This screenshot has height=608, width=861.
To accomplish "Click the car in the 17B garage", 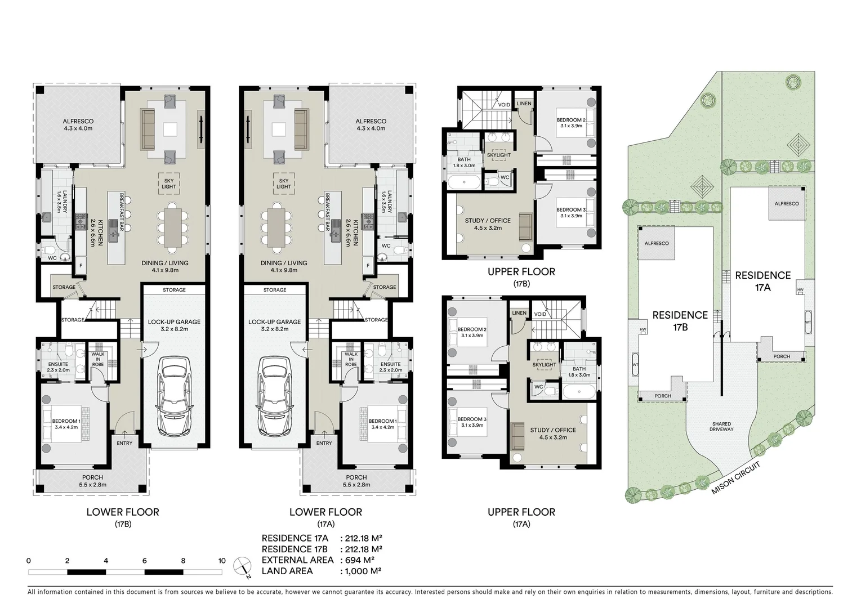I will click(174, 396).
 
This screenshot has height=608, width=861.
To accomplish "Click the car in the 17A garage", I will click(275, 396).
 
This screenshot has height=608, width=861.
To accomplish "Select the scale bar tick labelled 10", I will click(222, 561).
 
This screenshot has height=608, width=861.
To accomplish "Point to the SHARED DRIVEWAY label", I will click(721, 427).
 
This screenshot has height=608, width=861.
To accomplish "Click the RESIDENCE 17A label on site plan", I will click(762, 281).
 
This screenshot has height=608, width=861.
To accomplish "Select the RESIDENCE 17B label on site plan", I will click(680, 320).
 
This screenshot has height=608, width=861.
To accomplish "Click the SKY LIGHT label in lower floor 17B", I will click(168, 184).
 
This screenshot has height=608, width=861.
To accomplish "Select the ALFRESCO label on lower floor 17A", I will click(371, 124).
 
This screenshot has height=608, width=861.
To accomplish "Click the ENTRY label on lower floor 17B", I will click(124, 443).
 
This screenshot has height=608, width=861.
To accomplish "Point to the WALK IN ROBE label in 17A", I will click(351, 359).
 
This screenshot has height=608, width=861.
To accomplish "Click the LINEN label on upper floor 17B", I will click(524, 104).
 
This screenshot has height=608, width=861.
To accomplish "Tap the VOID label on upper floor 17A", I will click(540, 314).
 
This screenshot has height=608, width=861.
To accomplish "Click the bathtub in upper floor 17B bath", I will click(463, 182).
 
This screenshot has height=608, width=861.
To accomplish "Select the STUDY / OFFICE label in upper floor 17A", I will click(553, 433).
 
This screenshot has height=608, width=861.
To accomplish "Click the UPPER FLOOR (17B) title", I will click(521, 277).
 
